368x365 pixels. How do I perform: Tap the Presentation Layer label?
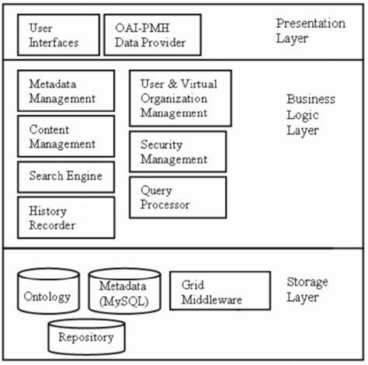(x=311, y=31)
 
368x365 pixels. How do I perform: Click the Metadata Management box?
(x=65, y=91)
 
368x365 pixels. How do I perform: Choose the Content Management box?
(x=65, y=136)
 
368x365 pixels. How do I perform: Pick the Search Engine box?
(x=65, y=176)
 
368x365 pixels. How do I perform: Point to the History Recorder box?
(x=65, y=217)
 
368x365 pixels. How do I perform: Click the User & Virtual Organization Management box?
(x=179, y=98)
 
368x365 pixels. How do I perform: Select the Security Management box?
(x=178, y=152)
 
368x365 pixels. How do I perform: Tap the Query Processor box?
(x=178, y=198)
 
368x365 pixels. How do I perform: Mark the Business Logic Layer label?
(x=311, y=114)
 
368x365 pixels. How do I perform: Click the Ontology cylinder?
(x=47, y=294)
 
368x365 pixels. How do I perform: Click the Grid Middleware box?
(x=219, y=292)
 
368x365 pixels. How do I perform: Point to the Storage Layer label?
(x=307, y=289)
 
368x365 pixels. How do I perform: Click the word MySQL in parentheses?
(x=125, y=301)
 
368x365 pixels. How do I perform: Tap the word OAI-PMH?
(x=142, y=28)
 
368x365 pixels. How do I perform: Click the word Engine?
(x=85, y=176)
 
